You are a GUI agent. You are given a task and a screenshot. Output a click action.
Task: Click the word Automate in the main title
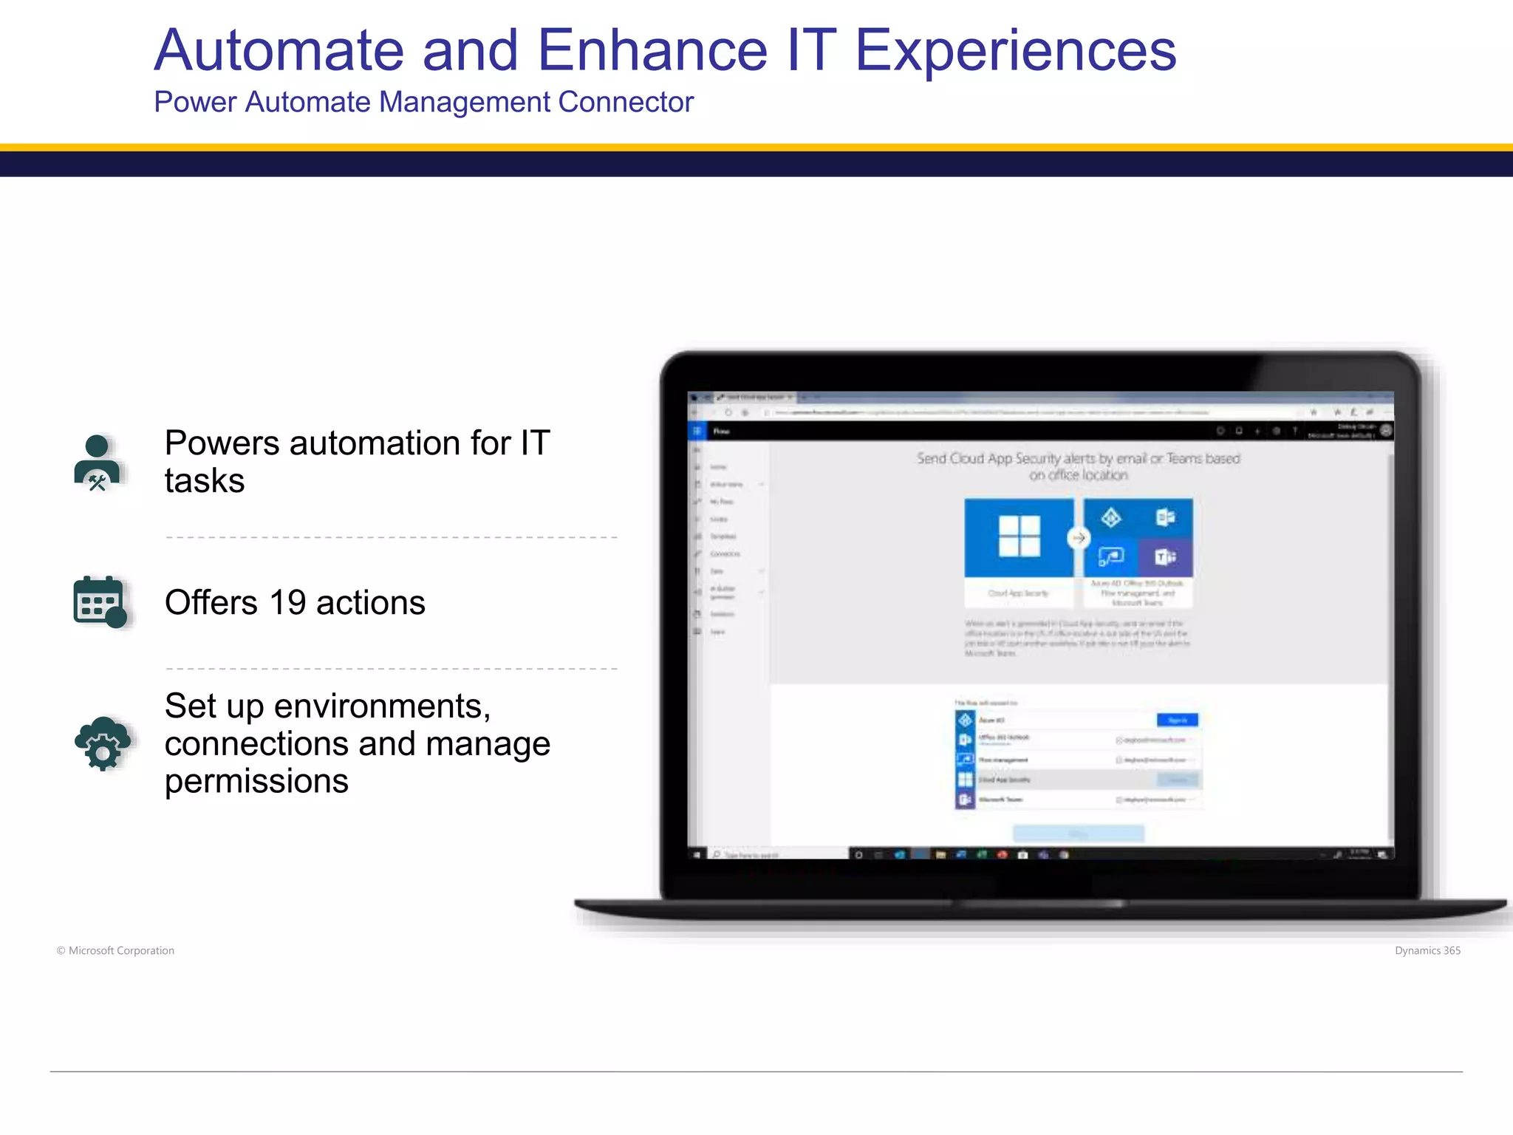pyautogui.click(x=279, y=50)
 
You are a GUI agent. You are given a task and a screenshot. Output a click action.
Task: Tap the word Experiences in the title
pyautogui.click(x=1015, y=50)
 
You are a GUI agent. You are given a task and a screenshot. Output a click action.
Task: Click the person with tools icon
pyautogui.click(x=98, y=463)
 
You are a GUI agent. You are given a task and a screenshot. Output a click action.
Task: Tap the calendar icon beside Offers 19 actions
pyautogui.click(x=100, y=601)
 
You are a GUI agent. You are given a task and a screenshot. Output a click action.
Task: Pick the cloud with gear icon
pyautogui.click(x=103, y=743)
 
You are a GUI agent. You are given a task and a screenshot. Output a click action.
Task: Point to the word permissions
pyautogui.click(x=256, y=781)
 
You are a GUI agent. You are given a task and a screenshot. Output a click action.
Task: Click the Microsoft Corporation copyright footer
pyautogui.click(x=116, y=950)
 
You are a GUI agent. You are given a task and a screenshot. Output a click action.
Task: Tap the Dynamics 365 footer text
pyautogui.click(x=1427, y=950)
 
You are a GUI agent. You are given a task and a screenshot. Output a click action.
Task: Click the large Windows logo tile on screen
pyautogui.click(x=1019, y=537)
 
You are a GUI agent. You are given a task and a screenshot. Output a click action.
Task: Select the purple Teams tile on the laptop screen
pyautogui.click(x=1165, y=557)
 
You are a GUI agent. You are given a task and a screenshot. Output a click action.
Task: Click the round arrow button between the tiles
pyautogui.click(x=1079, y=538)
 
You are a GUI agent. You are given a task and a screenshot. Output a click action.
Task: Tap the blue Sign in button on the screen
pyautogui.click(x=1177, y=720)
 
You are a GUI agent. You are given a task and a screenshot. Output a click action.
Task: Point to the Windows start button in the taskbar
pyautogui.click(x=696, y=854)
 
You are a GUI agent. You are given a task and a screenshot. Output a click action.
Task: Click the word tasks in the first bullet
pyautogui.click(x=205, y=481)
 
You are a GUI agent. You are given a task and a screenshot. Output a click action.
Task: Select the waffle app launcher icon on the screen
pyautogui.click(x=697, y=431)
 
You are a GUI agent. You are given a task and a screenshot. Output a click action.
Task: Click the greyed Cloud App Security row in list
pyautogui.click(x=1078, y=780)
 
